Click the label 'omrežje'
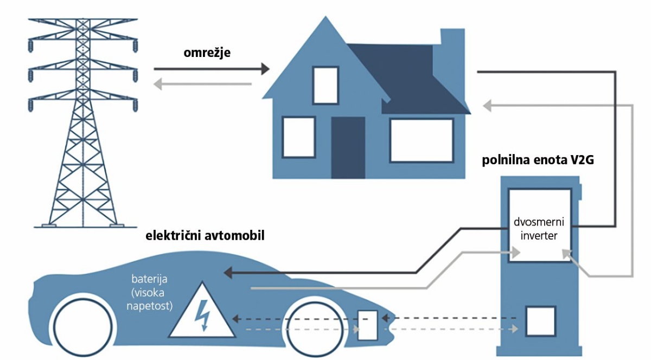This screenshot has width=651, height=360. (207, 53)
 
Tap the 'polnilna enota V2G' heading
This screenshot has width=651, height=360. (538, 160)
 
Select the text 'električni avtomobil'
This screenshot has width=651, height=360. (205, 235)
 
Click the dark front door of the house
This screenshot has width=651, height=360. (348, 147)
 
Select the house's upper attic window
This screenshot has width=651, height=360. (325, 85)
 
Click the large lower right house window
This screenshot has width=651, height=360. (422, 140)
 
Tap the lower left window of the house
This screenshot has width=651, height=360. (299, 137)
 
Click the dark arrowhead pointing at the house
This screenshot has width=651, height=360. (265, 69)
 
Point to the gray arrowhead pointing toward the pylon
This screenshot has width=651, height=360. (158, 84)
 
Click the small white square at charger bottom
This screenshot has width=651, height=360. (541, 322)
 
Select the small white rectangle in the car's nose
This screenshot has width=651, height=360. (367, 325)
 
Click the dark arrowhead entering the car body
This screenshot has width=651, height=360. (228, 273)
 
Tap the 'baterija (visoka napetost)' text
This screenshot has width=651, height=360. (149, 292)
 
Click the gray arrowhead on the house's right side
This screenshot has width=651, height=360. (487, 106)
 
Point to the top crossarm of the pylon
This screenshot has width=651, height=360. (83, 20)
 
